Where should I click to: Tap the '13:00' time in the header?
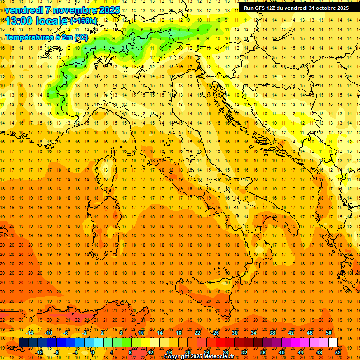click(19, 22)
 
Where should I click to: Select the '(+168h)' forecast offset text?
click(83, 21)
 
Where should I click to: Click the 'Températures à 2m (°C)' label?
click(46, 37)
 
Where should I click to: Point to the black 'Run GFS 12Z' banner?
click(295, 7)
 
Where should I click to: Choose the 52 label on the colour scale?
click(338, 352)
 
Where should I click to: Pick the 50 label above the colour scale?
click(328, 333)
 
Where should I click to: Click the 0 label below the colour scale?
click(93, 352)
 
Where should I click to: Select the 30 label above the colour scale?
click(235, 333)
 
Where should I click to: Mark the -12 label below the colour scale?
click(39, 352)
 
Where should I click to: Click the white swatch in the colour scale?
click(333, 343)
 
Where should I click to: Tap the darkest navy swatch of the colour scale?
click(23, 343)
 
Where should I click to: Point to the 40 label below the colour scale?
click(281, 352)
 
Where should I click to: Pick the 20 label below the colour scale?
click(187, 352)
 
